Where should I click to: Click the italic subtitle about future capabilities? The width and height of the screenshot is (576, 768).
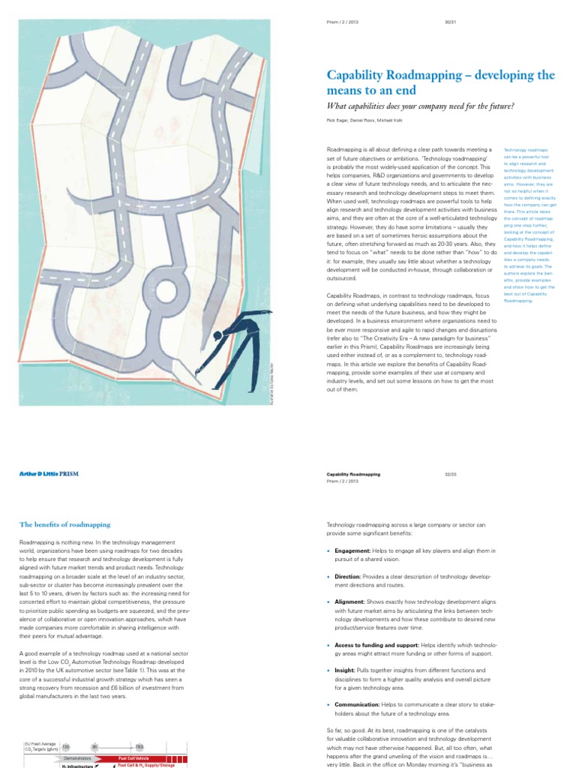pyautogui.click(x=420, y=106)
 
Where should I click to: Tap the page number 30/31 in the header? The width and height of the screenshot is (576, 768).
pyautogui.click(x=451, y=21)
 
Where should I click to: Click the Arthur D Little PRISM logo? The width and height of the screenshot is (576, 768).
pyautogui.click(x=48, y=475)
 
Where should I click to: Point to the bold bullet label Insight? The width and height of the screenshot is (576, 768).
pyautogui.click(x=348, y=671)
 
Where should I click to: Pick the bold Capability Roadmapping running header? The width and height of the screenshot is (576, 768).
pyautogui.click(x=353, y=474)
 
